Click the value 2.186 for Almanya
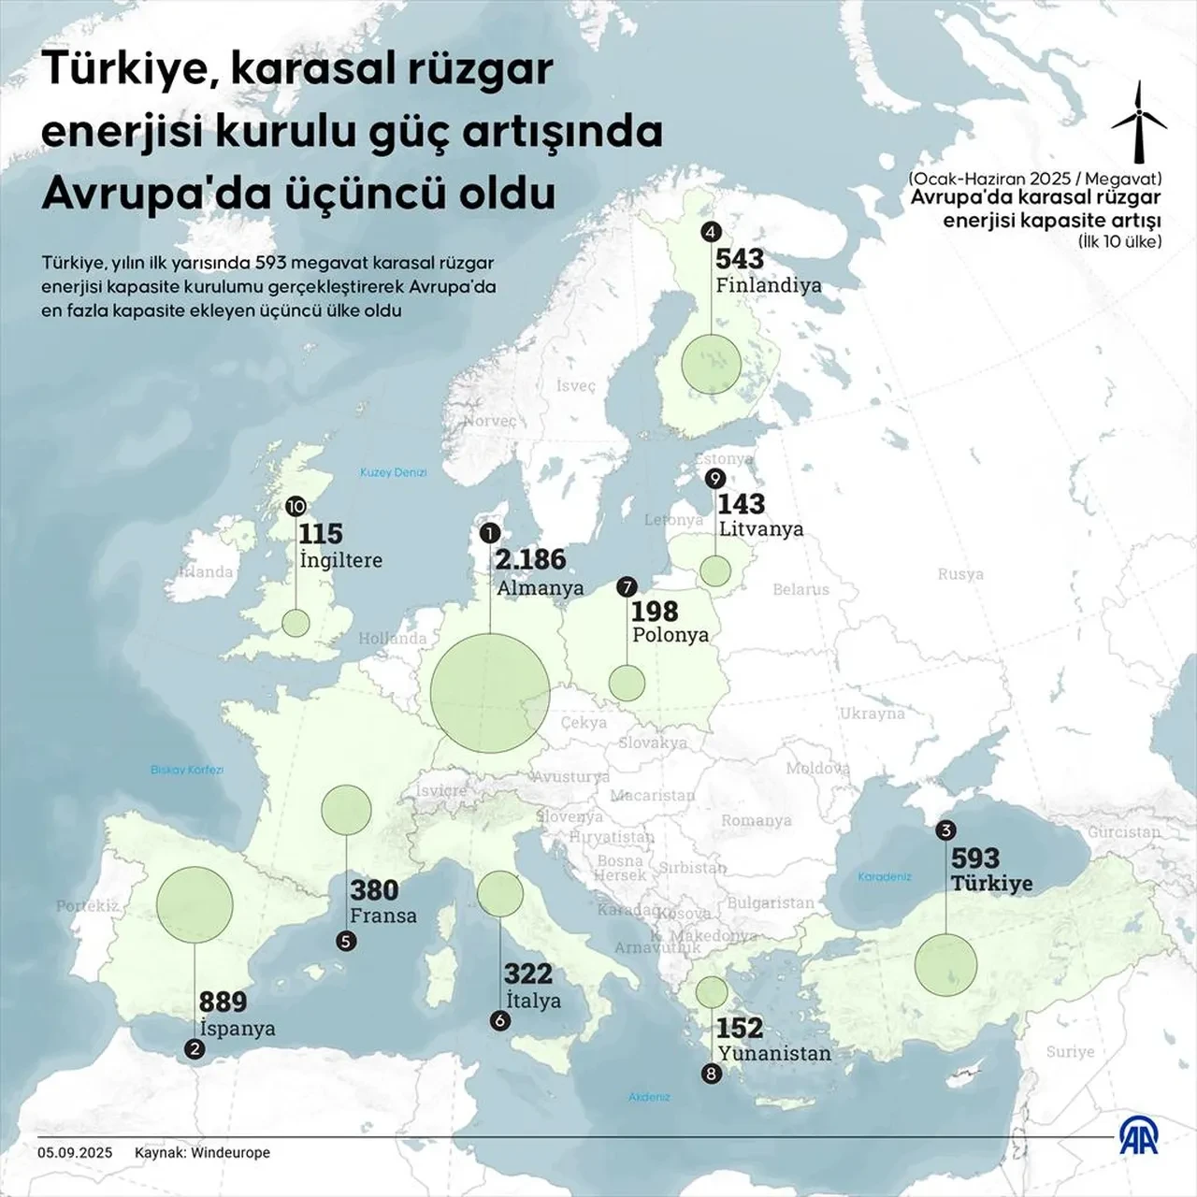530,559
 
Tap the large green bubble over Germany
490,692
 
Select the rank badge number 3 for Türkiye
945,830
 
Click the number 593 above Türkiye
975,858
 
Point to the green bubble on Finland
711,364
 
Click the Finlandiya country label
768,285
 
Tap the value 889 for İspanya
223,1002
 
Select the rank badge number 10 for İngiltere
296,506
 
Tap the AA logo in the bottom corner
1139,1137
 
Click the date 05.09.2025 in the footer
75,1152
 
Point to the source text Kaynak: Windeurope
202,1152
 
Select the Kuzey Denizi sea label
393,472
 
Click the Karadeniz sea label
884,876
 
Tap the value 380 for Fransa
374,890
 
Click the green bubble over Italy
500,893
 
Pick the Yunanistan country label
773,1053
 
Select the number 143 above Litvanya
741,504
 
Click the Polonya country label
671,635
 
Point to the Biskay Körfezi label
187,770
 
